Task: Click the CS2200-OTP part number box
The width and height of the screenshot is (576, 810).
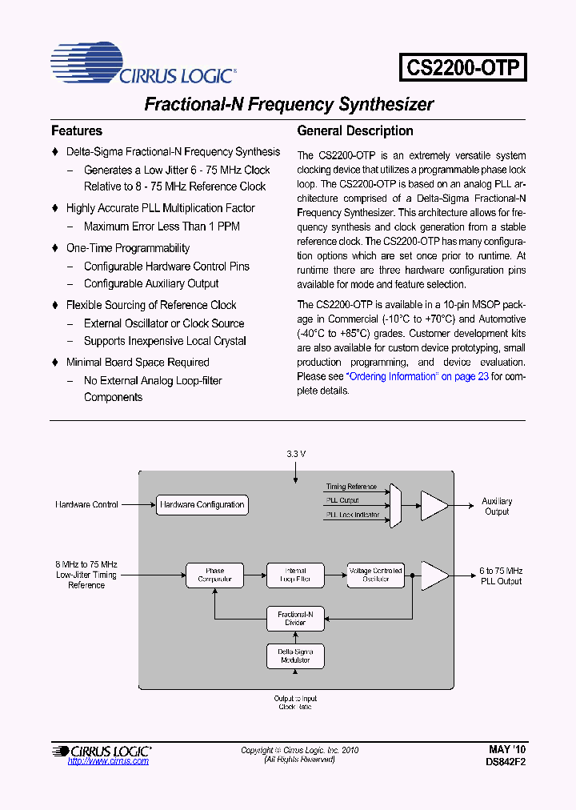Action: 463,66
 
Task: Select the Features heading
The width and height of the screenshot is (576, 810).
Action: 77,130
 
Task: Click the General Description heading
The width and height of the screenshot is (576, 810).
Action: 355,130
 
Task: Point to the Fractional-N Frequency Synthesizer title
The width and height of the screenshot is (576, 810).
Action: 288,104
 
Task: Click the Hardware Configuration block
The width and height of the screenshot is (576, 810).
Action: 202,505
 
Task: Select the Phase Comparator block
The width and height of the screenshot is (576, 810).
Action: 214,575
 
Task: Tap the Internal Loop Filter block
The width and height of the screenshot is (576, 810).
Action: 295,575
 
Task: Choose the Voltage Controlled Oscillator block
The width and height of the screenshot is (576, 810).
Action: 375,575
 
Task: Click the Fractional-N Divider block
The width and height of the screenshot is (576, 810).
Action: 295,618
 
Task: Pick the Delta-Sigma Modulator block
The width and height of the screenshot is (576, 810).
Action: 295,656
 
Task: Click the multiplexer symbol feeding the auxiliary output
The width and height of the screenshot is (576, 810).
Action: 394,505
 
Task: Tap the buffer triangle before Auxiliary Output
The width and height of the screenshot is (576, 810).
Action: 434,505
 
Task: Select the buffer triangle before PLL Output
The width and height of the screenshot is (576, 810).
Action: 434,575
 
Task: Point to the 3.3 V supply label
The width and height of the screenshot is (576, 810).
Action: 296,454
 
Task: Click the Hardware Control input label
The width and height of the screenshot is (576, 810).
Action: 86,505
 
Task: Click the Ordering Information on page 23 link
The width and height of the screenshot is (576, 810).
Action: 417,376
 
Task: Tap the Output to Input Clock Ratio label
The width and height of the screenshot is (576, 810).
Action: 295,703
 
